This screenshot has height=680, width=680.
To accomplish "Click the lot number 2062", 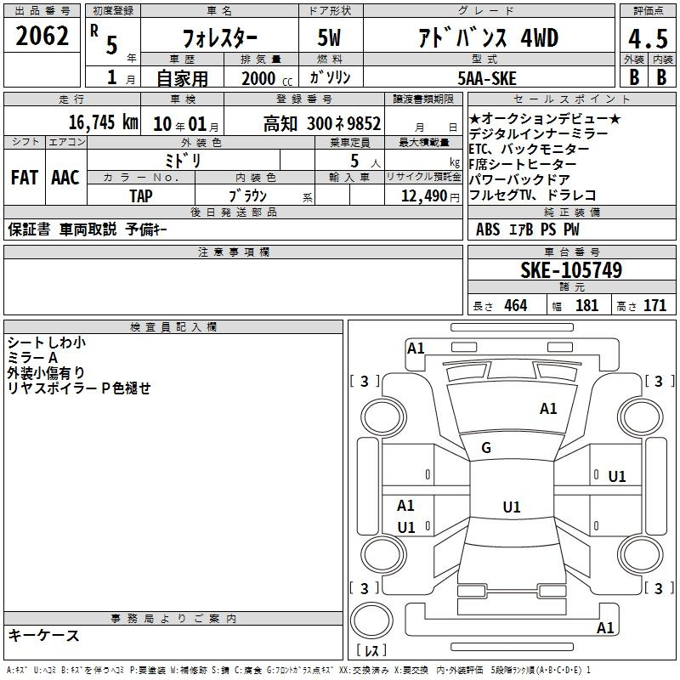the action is [42, 36].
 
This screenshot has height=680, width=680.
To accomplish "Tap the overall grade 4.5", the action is [648, 38].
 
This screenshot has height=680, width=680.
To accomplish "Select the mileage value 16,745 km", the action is [103, 122].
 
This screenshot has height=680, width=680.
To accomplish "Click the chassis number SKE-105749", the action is [571, 270].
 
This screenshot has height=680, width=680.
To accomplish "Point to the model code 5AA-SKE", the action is [487, 78].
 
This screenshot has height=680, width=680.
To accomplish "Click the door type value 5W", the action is [329, 37].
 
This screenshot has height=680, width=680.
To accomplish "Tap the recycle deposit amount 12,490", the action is [423, 196].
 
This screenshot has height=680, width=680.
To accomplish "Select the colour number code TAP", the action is [141, 196].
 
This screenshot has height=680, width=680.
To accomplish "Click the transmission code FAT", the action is [25, 178].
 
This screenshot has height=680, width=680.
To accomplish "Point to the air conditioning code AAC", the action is [65, 178].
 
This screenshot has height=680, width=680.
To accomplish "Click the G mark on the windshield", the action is [486, 448].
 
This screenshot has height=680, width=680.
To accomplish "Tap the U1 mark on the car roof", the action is [512, 507].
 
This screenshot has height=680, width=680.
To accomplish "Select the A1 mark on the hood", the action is [548, 409].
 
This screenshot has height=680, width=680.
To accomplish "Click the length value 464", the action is [516, 305].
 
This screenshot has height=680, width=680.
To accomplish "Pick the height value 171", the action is [654, 305].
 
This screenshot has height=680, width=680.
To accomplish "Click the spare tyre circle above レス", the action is [371, 620].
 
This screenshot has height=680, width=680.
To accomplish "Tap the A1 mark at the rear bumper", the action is [605, 627].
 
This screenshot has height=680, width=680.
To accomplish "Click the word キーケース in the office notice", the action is [44, 635].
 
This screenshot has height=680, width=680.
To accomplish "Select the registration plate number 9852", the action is [364, 123].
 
